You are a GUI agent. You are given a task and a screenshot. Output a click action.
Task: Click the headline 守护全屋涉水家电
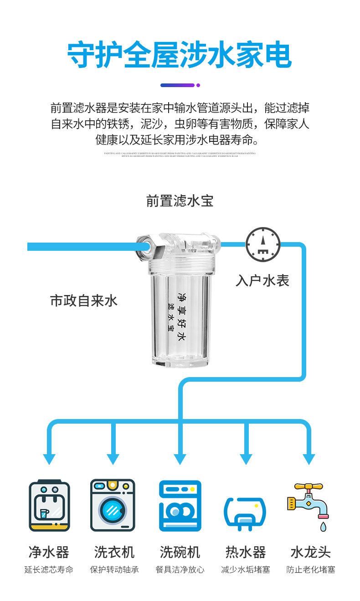(180, 56)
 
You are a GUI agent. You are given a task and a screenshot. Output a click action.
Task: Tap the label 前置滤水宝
(180, 201)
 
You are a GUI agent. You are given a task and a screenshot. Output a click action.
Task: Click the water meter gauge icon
(263, 244)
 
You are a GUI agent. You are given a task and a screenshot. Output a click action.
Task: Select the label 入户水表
(262, 280)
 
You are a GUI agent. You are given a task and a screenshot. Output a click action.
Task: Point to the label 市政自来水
(84, 300)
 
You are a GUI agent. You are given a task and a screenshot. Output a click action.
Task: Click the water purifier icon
(49, 505)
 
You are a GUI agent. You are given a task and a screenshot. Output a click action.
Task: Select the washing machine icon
(113, 505)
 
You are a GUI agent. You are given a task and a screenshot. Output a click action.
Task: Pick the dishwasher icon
(180, 505)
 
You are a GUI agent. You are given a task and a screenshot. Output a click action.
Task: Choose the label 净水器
(49, 552)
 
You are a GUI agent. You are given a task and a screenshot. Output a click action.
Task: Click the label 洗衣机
(114, 552)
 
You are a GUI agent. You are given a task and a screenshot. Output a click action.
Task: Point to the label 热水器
(246, 552)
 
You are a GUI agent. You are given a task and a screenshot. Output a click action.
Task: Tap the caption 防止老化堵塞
(311, 570)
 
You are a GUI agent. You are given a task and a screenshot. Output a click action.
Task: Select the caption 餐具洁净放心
(180, 570)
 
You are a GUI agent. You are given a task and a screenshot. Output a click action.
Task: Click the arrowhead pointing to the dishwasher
(180, 459)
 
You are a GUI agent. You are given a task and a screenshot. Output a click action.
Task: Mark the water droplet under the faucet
(323, 527)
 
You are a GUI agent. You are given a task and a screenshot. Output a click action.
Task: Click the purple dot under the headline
(198, 85)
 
